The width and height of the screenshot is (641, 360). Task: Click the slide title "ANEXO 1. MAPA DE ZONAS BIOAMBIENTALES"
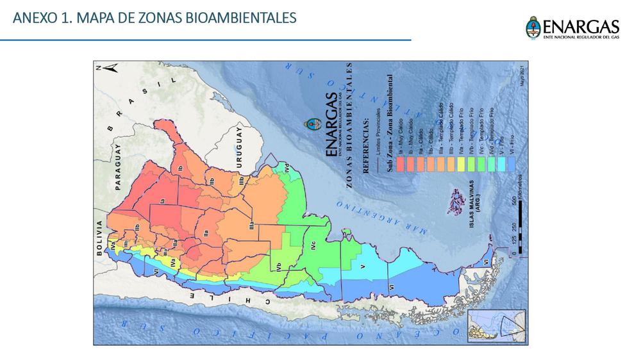tap(154, 18)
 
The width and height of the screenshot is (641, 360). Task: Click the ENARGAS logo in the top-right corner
tap(572, 29)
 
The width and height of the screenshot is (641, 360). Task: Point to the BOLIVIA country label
tap(100, 238)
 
